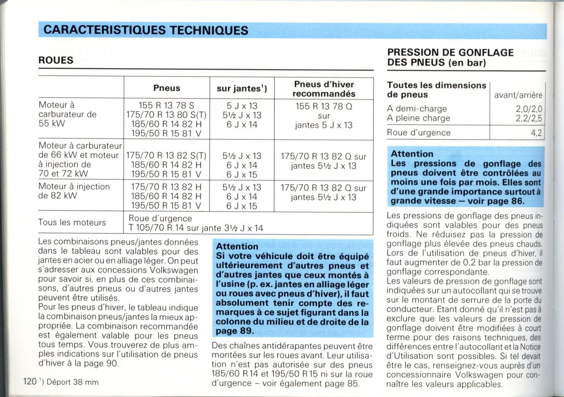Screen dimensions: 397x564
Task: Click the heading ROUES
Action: point(56,60)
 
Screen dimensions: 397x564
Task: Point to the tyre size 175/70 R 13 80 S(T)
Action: point(166,115)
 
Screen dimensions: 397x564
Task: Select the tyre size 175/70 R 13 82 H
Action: point(166,187)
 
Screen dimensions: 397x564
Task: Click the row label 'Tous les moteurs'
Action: point(72,223)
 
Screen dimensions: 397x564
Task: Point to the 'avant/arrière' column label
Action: point(519,95)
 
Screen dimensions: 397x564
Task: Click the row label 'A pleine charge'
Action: point(418,118)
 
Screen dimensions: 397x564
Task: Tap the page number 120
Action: point(30,382)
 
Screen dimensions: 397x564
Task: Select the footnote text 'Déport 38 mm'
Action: point(73,382)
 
